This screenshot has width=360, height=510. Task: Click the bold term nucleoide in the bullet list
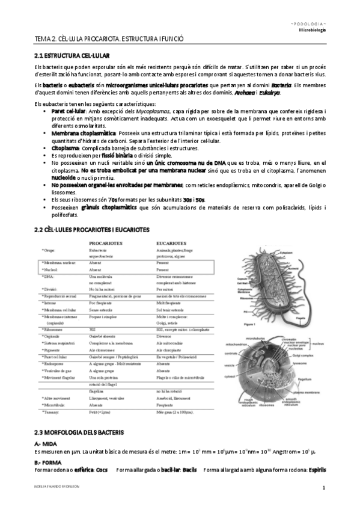pyautogui.click(x=65, y=177)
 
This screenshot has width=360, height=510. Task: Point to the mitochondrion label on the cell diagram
pyautogui.click(x=237, y=344)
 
